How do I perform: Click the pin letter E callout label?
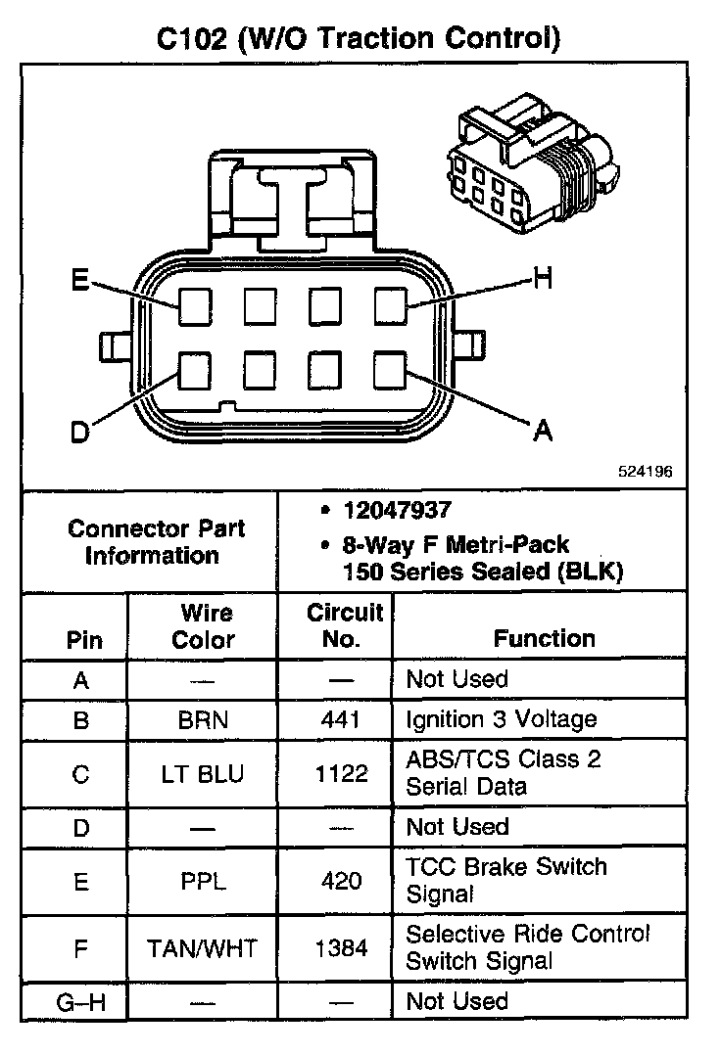(x=80, y=281)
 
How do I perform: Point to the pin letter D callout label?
(x=80, y=433)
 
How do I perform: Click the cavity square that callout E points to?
(x=195, y=306)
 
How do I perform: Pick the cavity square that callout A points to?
(x=391, y=370)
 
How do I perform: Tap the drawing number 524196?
(x=645, y=471)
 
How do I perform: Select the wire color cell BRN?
(x=203, y=720)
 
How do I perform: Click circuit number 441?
(x=342, y=720)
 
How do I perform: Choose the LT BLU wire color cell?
(x=203, y=773)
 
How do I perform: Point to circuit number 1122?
(x=342, y=773)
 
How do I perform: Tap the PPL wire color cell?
(x=203, y=881)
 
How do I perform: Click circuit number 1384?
(x=342, y=947)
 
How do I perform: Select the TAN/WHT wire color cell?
(x=203, y=947)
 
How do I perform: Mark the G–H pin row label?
(x=81, y=1002)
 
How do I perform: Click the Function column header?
(x=544, y=639)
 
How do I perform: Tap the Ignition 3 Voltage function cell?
(x=501, y=720)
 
